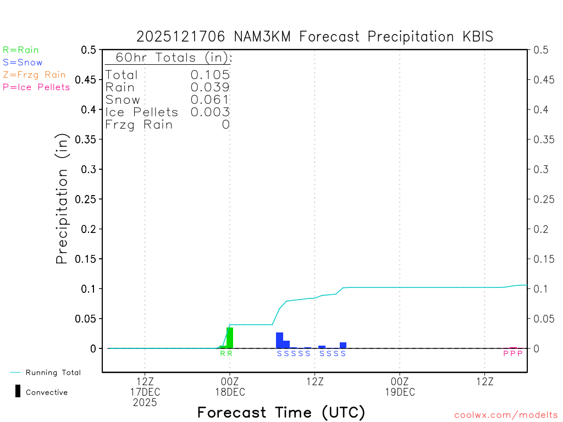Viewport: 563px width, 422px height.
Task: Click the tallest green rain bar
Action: [x=230, y=337]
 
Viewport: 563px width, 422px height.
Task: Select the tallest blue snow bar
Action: [x=279, y=340]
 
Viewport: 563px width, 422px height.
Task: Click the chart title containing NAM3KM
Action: [x=315, y=37]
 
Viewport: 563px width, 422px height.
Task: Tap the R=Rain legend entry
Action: [x=21, y=50]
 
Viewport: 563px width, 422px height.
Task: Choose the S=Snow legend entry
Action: [x=23, y=63]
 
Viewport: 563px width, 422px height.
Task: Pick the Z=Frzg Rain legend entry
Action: [x=34, y=75]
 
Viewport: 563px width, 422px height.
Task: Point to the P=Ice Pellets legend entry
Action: [x=36, y=87]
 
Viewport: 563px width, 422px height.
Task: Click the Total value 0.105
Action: [x=210, y=75]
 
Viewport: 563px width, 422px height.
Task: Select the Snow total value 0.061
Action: [x=210, y=99]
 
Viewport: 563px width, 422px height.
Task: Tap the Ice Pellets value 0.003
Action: [x=210, y=112]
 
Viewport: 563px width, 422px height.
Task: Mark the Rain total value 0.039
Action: [x=210, y=87]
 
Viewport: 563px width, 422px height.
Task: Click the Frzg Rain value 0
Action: [x=225, y=125]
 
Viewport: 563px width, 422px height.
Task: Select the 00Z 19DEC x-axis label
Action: [x=400, y=386]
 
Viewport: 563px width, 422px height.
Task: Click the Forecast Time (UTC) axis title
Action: [x=281, y=412]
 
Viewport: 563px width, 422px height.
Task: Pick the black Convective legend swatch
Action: [x=18, y=391]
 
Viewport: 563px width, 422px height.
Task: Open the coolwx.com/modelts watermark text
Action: [x=506, y=415]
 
